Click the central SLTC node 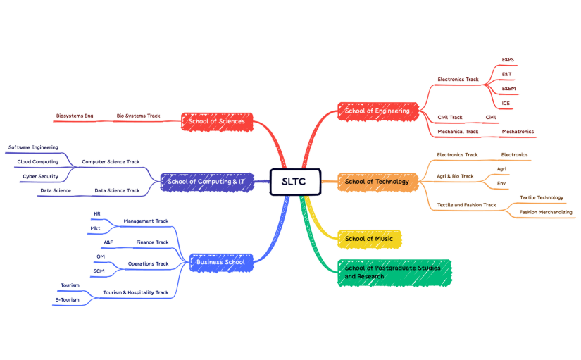tap(295, 181)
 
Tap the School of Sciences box tap(216, 121)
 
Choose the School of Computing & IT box tap(206, 181)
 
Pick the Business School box tap(220, 262)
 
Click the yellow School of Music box tap(369, 238)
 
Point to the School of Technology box tap(377, 181)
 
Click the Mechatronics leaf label tap(518, 132)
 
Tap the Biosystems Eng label tap(75, 116)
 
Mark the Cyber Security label tap(40, 176)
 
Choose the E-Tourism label tap(68, 299)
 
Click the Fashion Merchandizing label tap(545, 212)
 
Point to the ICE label tap(506, 104)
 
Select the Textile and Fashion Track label tap(466, 205)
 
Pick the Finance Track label tap(152, 242)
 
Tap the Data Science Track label tap(117, 190)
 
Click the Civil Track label tap(450, 118)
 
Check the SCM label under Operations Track tap(99, 271)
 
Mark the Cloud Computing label tap(38, 162)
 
